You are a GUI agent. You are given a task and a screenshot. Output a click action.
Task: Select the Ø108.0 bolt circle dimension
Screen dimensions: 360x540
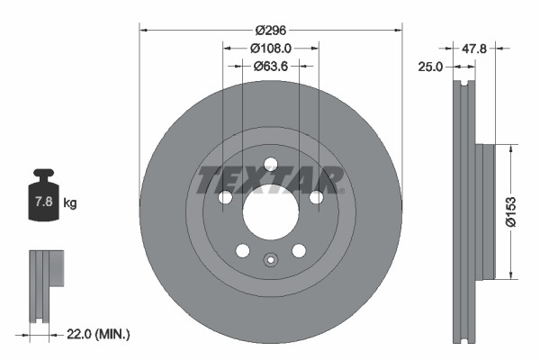pyautogui.click(x=270, y=47)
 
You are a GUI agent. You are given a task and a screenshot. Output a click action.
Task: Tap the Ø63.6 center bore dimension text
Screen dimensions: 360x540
pyautogui.click(x=270, y=65)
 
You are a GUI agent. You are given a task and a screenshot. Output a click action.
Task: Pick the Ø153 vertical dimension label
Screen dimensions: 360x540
pyautogui.click(x=510, y=211)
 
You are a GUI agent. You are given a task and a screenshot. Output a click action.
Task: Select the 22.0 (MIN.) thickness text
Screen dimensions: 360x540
pyautogui.click(x=99, y=334)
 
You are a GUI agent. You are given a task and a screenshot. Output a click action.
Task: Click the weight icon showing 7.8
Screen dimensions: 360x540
pyautogui.click(x=43, y=200)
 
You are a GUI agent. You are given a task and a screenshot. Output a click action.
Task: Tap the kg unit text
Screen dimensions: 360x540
pyautogui.click(x=70, y=203)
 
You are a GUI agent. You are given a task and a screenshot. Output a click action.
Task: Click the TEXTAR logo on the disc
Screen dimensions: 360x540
pyautogui.click(x=270, y=180)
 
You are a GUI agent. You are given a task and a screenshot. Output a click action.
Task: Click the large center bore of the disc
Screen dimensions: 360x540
pyautogui.click(x=270, y=214)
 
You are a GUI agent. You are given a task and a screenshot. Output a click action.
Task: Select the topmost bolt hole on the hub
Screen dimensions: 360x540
pyautogui.click(x=270, y=164)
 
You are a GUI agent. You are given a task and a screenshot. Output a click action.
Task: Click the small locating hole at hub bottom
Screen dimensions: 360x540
pyautogui.click(x=270, y=263)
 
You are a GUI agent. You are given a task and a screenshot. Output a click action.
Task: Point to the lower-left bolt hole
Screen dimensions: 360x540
pyautogui.click(x=242, y=250)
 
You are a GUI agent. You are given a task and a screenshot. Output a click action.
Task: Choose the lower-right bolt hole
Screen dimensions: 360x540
pyautogui.click(x=298, y=250)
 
